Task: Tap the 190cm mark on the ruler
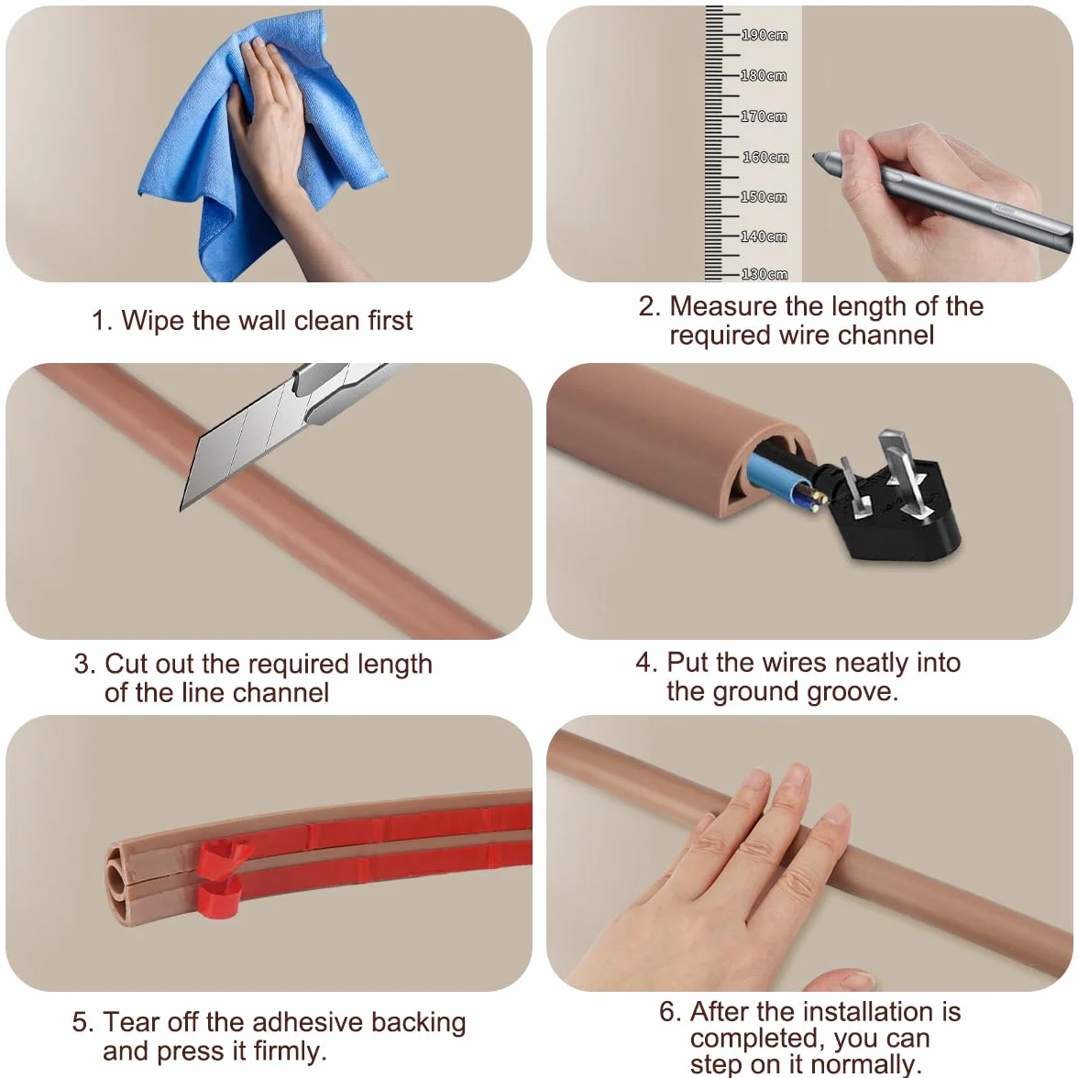[x=764, y=35]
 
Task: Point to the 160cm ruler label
[x=765, y=158]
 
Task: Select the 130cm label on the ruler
[x=764, y=274]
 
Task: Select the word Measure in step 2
[x=723, y=306]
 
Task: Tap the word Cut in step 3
[x=124, y=664]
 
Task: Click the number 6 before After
[x=667, y=1012]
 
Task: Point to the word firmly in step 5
[x=290, y=1052]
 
